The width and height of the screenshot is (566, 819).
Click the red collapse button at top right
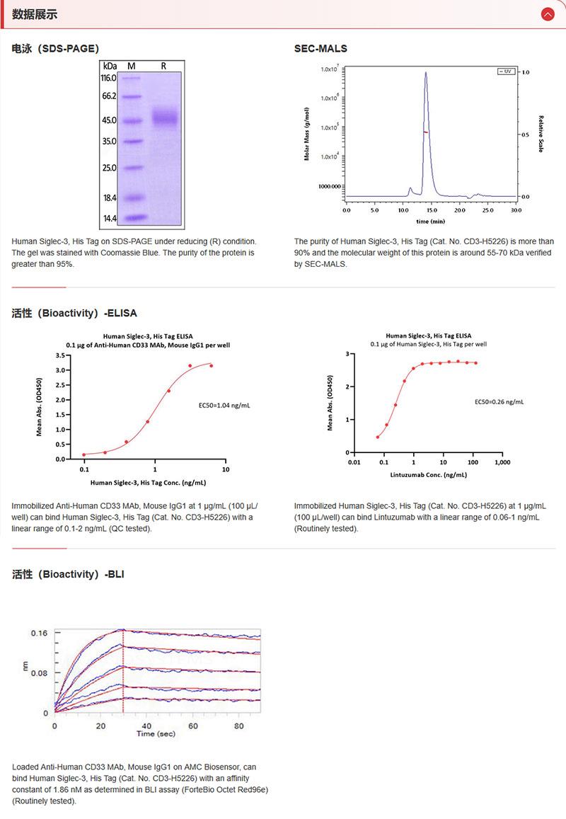click(547, 14)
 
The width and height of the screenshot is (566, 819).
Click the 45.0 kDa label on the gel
click(108, 120)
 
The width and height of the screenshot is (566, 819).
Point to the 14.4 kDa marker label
click(108, 218)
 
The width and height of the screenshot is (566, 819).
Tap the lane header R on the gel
click(163, 66)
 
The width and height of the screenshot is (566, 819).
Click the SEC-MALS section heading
click(320, 49)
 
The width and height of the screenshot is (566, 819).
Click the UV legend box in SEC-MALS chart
click(505, 72)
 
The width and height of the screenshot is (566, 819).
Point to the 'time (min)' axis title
click(431, 222)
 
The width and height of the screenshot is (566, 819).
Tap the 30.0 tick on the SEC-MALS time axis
click(516, 210)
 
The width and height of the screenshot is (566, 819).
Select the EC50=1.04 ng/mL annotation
click(224, 406)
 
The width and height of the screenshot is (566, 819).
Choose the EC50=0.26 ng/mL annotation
click(499, 401)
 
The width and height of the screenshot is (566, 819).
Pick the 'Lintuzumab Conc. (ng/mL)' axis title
click(429, 475)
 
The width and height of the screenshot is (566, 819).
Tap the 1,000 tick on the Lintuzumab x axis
click(501, 463)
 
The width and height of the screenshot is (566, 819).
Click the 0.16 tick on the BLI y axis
click(38, 634)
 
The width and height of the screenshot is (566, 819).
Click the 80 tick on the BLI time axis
click(238, 726)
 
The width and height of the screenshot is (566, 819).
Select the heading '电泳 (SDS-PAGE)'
click(55, 49)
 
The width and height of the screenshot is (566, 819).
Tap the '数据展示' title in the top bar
click(35, 14)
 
